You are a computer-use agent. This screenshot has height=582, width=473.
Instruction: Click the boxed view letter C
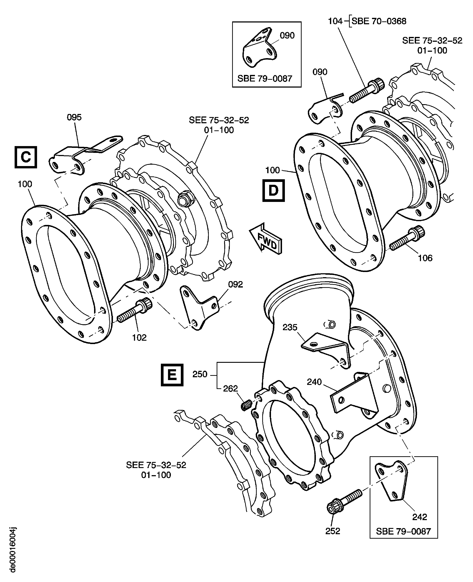26,157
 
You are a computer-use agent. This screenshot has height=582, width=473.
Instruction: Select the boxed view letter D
273,190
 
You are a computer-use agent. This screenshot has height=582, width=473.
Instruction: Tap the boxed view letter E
172,375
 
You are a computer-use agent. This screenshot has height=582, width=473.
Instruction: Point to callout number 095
74,117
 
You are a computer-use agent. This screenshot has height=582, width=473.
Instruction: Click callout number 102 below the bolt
139,338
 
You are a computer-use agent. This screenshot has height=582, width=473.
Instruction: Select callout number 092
235,284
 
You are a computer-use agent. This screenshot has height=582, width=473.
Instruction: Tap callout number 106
425,258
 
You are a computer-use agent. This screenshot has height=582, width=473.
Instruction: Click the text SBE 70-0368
379,21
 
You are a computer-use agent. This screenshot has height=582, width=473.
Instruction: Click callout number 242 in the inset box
420,517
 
